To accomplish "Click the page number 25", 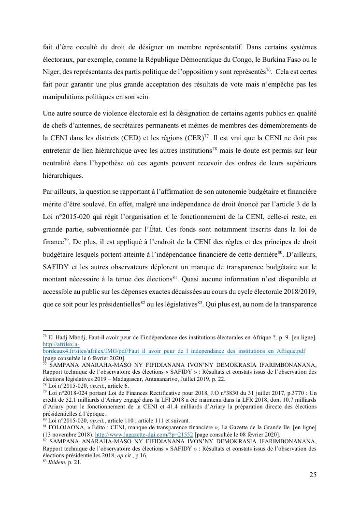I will coord(313,475).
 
